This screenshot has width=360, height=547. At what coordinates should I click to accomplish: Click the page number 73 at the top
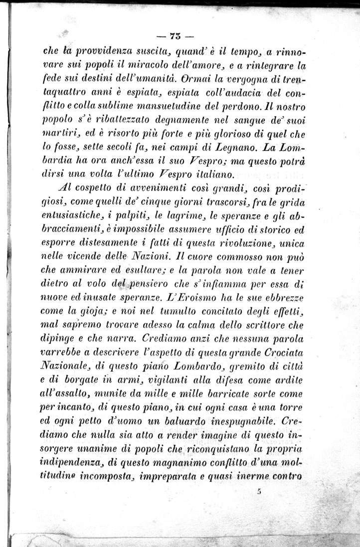[x=175, y=36]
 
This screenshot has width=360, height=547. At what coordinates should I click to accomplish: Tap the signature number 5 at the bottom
[x=260, y=491]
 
